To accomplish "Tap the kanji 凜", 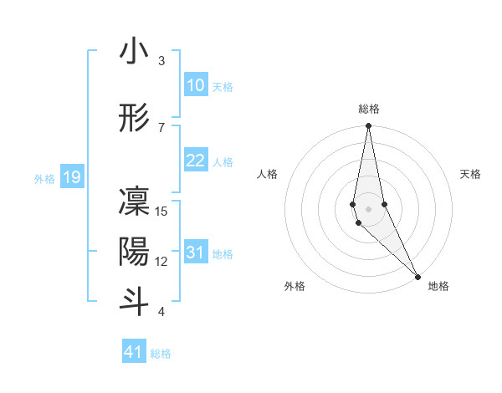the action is (134, 203).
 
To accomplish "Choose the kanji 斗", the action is (134, 302).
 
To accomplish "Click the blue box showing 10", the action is (195, 85).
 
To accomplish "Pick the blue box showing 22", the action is (195, 161).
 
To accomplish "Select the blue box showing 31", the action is (195, 253).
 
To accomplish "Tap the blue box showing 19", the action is (71, 177).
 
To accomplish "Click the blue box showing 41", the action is (134, 352).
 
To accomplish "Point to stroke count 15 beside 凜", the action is (161, 212).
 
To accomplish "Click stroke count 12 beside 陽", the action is (161, 262).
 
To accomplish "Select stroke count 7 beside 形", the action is (161, 127).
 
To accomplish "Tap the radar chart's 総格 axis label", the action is (369, 109).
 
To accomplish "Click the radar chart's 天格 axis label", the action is (470, 174).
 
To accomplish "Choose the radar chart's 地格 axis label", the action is (438, 286).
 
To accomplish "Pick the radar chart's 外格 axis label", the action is (295, 286).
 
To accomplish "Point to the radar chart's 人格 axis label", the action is (267, 174).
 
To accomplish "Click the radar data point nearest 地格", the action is (417, 276).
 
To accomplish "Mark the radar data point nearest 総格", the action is (368, 127).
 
